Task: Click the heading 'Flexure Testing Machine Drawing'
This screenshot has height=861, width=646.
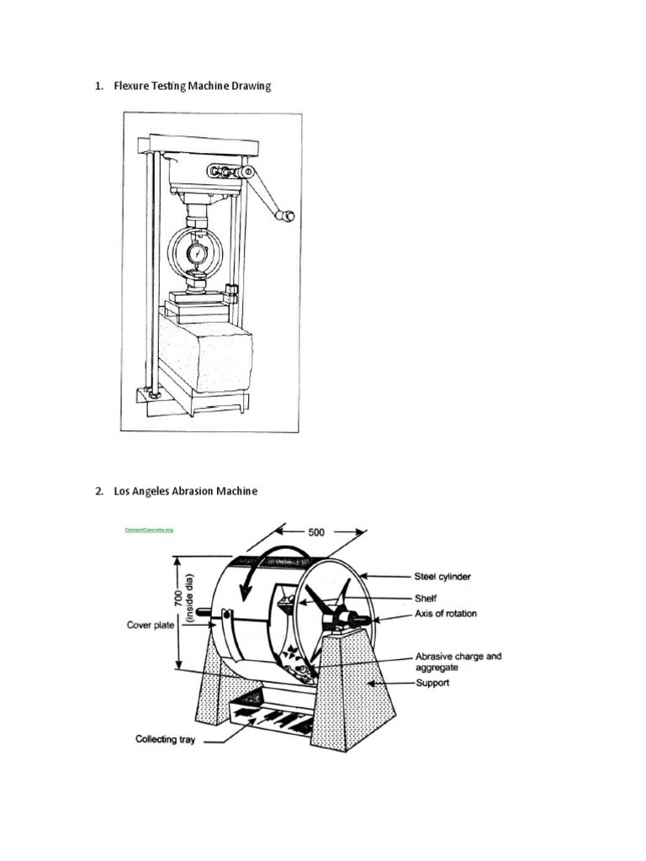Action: (x=193, y=87)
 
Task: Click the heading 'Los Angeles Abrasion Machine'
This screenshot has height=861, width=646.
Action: (x=185, y=491)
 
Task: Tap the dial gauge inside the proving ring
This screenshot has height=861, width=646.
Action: (x=196, y=252)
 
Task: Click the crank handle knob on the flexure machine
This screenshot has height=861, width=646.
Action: (x=289, y=216)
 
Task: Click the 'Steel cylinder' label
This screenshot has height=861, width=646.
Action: (x=442, y=577)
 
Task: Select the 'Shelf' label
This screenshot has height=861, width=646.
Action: (x=426, y=597)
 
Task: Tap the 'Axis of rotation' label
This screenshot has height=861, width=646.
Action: (x=446, y=614)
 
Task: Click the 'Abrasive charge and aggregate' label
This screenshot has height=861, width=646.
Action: (x=458, y=661)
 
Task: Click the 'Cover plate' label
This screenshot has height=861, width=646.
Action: (x=151, y=625)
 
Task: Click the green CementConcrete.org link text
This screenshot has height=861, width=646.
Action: (x=148, y=531)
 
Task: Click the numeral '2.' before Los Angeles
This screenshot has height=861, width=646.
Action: (x=99, y=491)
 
